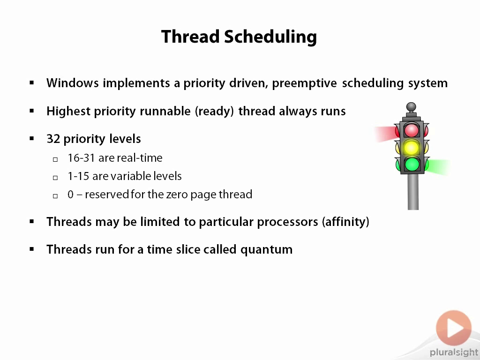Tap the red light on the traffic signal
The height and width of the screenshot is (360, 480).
(412, 130)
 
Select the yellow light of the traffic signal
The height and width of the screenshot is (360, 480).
(412, 148)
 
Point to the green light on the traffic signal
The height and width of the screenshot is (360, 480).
(412, 165)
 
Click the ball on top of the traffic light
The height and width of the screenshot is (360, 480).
(411, 107)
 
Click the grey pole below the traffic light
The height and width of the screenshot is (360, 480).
(413, 192)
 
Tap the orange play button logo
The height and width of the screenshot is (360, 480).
(454, 328)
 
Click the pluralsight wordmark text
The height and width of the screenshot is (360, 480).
(454, 352)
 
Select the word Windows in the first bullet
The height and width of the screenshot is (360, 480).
(73, 83)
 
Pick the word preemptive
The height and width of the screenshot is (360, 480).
(304, 83)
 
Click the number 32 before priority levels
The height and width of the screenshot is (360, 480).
(53, 139)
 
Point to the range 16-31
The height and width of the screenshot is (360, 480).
(81, 158)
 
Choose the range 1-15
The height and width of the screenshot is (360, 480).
(78, 176)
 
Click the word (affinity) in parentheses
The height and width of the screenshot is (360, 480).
(345, 222)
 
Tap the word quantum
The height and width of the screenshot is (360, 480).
(266, 250)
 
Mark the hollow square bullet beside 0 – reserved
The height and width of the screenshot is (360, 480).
(55, 196)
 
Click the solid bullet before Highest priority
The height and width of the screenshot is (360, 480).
(32, 111)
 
